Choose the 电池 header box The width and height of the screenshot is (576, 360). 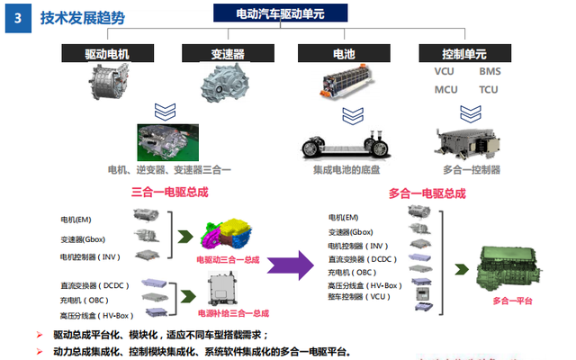344,53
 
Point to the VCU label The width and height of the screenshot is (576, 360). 445,71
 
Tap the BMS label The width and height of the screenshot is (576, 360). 490,71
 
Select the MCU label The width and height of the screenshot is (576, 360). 445,90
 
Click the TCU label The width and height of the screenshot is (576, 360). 489,90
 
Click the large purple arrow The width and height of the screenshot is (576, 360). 296,265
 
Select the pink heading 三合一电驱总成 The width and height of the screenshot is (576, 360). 169,193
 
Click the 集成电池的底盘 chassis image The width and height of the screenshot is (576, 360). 344,144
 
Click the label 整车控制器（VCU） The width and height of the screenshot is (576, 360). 362,296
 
